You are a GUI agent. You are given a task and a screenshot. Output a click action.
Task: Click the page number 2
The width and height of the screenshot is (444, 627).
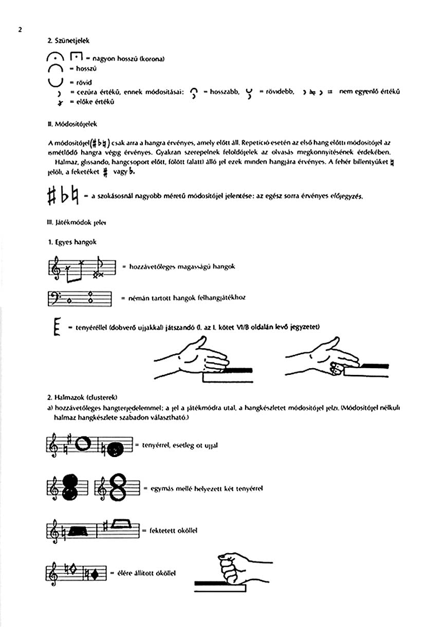[x=20, y=29]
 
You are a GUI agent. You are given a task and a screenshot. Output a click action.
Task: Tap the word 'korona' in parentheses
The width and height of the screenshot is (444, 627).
[x=152, y=59]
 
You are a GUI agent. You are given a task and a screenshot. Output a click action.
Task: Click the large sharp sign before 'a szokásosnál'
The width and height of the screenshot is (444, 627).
[x=51, y=196]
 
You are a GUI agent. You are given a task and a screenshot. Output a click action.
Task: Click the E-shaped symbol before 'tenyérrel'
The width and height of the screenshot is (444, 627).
[x=57, y=328]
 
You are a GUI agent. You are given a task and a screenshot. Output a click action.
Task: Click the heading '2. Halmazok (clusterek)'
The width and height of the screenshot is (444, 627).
[x=82, y=397]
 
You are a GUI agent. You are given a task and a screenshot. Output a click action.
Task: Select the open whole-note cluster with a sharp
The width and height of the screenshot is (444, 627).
[x=83, y=443]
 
